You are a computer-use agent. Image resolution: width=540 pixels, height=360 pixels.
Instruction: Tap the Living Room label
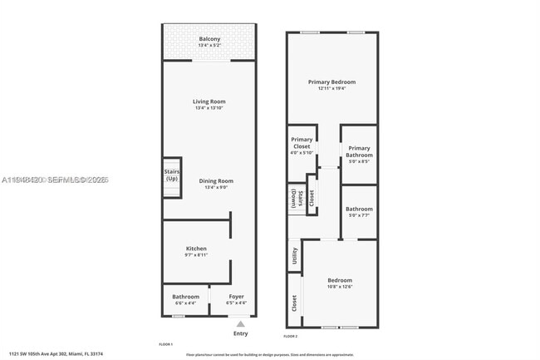tap(209, 101)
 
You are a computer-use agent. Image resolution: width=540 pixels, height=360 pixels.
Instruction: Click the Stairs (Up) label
tap(172, 175)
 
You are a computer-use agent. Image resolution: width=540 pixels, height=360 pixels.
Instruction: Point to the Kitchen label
tap(196, 249)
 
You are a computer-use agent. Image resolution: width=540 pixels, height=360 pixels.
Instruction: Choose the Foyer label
tap(236, 296)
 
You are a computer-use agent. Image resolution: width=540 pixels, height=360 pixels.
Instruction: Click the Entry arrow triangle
tap(240, 323)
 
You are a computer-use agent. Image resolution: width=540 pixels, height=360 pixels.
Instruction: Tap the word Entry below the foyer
tap(240, 333)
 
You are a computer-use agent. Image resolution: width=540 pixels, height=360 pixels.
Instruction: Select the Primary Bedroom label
tap(331, 81)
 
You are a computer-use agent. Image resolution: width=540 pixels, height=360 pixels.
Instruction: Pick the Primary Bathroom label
tap(359, 151)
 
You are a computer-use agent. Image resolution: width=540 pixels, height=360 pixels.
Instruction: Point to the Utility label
tap(295, 257)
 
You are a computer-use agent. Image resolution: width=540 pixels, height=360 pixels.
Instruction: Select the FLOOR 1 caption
tap(165, 343)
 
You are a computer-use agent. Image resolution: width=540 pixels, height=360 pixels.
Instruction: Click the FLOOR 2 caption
tap(291, 336)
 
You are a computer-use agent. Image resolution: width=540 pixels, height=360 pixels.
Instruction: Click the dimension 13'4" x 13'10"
tap(209, 108)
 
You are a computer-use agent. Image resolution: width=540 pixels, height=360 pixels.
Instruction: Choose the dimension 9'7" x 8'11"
tap(196, 255)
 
